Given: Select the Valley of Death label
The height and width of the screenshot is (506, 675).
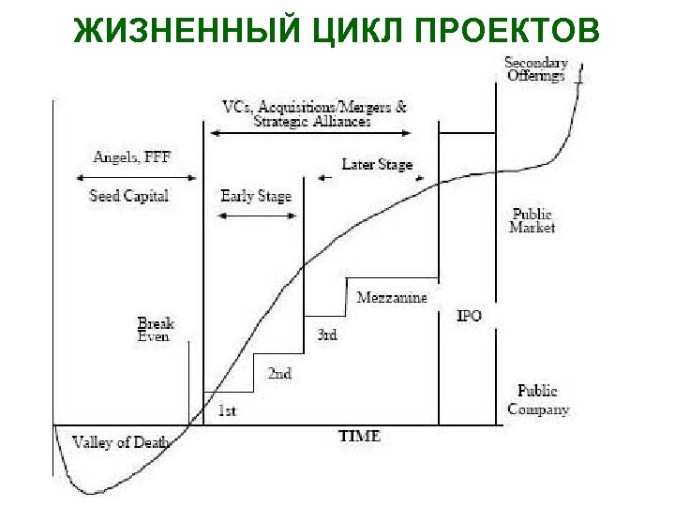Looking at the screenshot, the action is coord(114,441).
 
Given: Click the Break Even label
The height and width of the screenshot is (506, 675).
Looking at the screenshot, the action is coord(155,329).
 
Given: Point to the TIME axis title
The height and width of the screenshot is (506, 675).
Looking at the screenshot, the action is coord(359,436).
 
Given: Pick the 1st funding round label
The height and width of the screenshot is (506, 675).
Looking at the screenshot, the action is coord(227,410).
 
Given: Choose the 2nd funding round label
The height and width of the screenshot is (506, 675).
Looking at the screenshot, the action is coord(279,373).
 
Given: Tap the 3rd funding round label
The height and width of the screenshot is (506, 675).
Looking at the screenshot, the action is coord(326,335).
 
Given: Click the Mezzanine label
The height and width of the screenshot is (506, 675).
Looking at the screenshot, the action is coord(391,297).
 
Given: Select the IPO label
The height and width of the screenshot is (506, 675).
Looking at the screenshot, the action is coord(469,316).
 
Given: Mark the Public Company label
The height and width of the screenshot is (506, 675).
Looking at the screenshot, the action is coord(538,399).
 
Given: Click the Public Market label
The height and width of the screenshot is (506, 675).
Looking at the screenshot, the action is coord(532,220).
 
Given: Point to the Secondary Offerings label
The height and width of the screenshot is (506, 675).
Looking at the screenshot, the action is coord(536,69).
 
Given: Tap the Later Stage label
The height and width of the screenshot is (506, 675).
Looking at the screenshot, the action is coord(377,164).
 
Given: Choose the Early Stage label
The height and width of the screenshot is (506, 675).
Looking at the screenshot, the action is coord(256,196).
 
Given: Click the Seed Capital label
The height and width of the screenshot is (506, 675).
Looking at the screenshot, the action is coord(128,196).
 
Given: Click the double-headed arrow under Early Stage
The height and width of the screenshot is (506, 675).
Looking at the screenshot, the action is coord(256,216).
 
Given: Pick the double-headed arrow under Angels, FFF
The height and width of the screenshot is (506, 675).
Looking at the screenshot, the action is coord(127,177).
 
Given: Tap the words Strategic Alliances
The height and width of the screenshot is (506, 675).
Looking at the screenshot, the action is coord(312,121).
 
